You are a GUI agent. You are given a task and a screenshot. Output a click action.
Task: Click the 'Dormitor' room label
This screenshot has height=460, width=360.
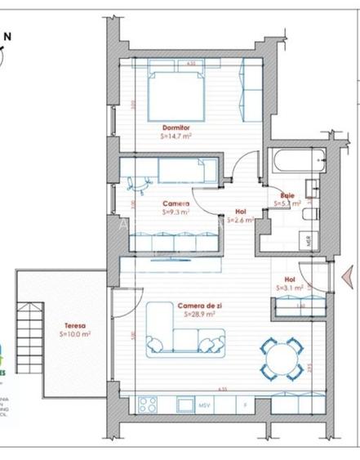click(176, 128)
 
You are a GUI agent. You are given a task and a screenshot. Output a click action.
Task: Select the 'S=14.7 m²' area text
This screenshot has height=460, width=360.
click(176, 137)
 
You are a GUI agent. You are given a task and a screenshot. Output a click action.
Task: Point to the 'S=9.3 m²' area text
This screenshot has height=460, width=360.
click(176, 212)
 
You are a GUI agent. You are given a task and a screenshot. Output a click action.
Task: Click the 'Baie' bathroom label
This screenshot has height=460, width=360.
click(287, 195)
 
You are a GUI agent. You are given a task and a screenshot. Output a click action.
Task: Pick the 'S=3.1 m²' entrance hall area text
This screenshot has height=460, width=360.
click(290, 288)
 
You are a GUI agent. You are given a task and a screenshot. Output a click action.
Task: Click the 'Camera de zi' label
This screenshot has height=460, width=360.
click(197, 306)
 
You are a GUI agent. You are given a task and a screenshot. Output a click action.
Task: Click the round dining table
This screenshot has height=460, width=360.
click(280, 356)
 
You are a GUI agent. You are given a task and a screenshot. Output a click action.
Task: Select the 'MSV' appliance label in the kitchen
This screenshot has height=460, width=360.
click(205, 404)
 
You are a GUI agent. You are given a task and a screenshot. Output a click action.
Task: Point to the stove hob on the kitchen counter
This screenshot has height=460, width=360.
click(149, 404)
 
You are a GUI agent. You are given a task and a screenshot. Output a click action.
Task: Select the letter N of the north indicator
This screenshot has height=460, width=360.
click(7, 35)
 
